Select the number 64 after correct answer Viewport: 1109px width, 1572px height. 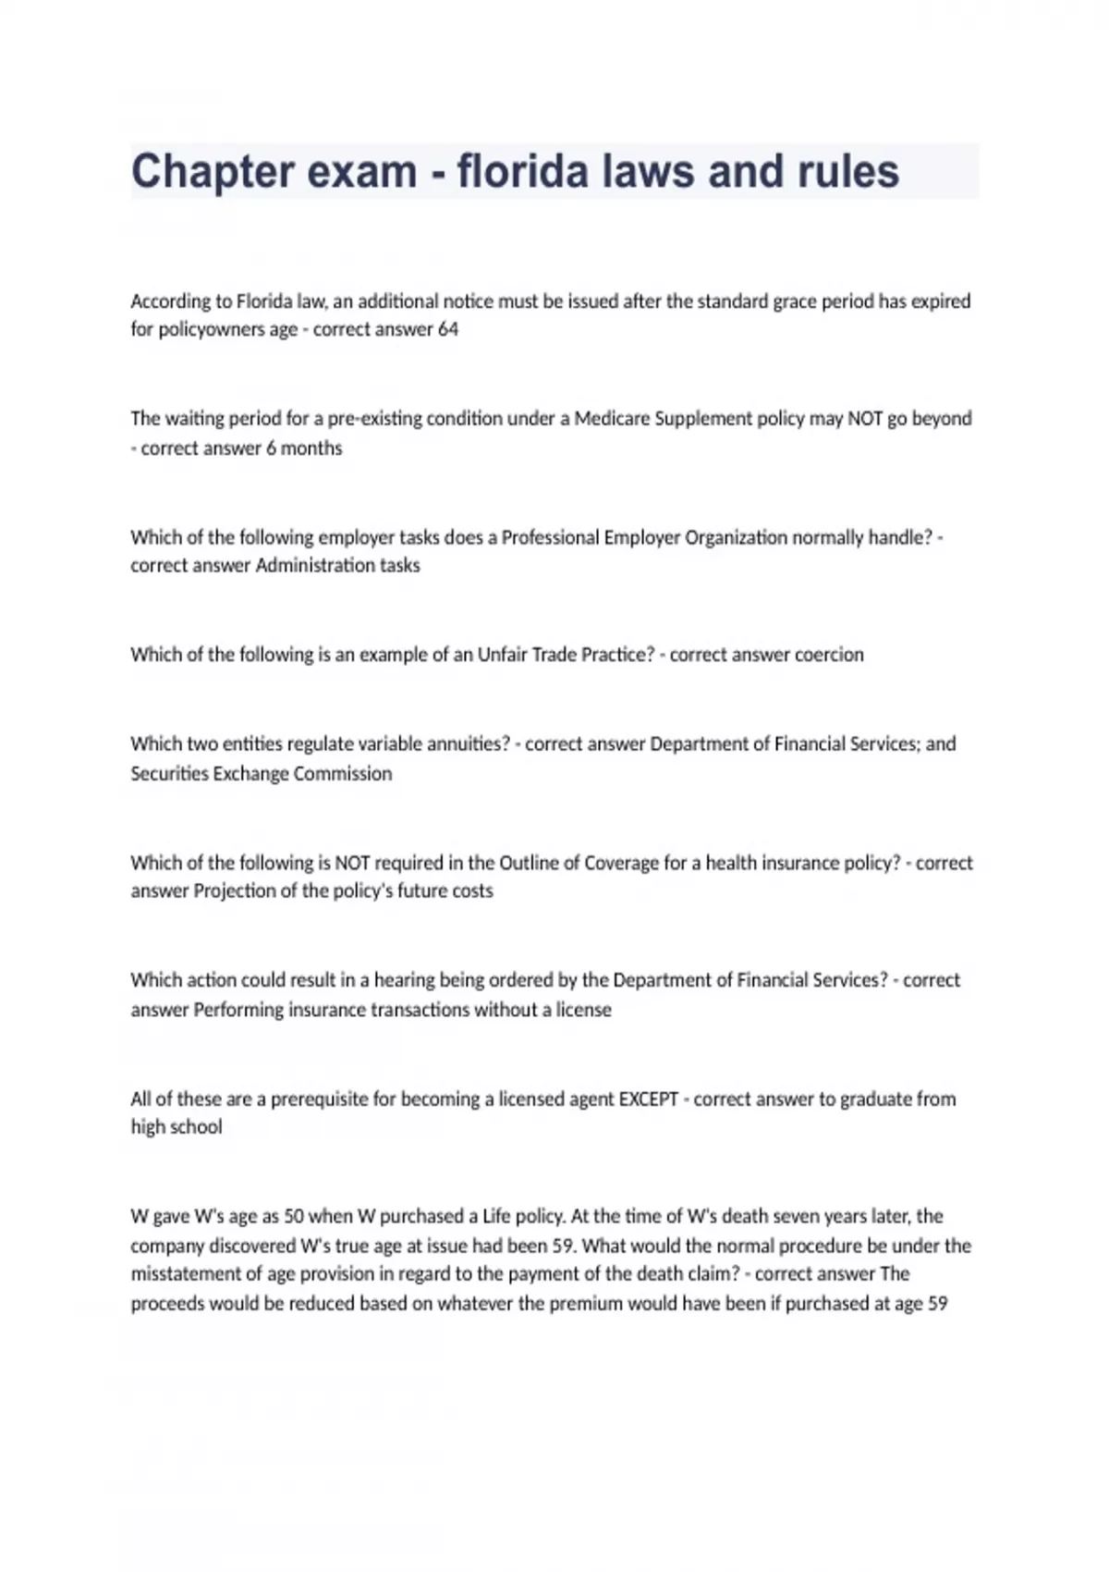click(448, 330)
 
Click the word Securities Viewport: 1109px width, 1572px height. click(169, 774)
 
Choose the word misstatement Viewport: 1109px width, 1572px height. click(183, 1274)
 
